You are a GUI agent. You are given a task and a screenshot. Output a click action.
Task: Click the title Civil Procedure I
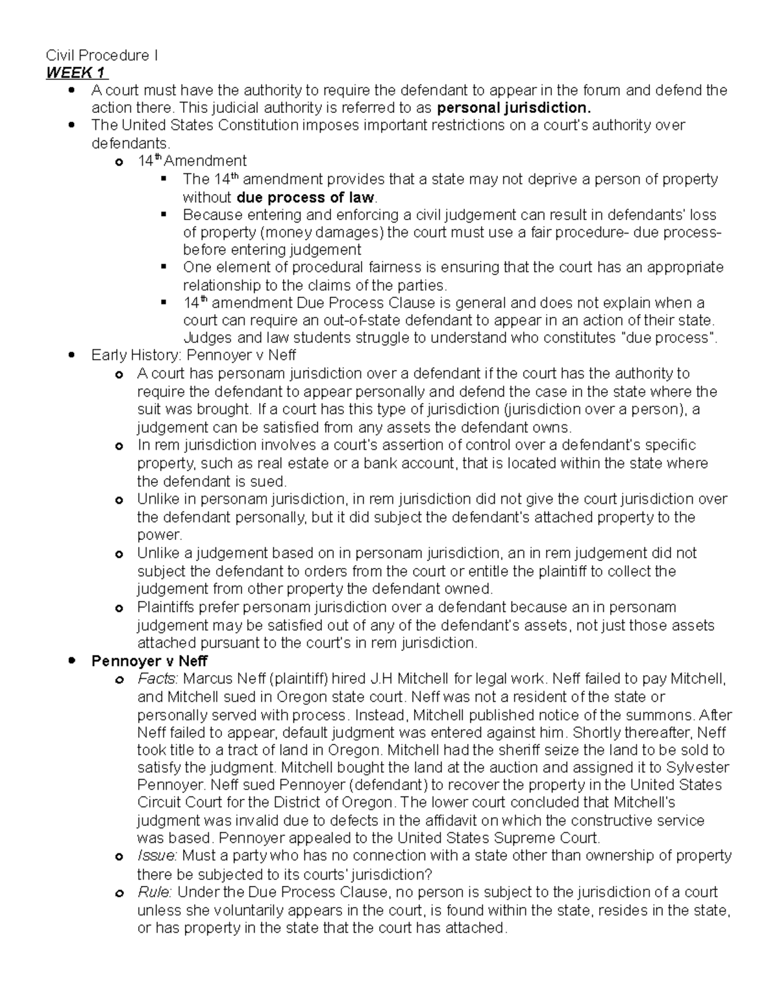click(x=101, y=56)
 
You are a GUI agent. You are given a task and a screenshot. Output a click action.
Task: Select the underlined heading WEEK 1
click(x=77, y=73)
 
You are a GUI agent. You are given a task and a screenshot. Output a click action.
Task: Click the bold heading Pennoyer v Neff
click(x=149, y=661)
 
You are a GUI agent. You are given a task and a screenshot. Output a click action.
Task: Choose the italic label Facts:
click(x=158, y=679)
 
